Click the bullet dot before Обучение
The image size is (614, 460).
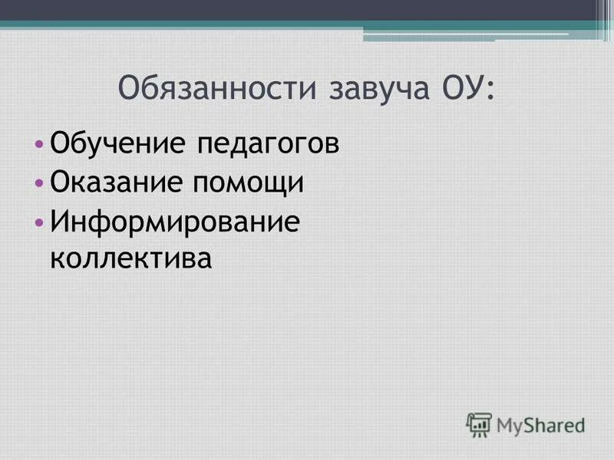(39, 144)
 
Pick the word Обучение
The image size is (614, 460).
(105, 144)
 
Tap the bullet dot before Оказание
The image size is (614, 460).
(39, 183)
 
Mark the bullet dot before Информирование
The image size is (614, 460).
(39, 222)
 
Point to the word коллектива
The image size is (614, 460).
(129, 258)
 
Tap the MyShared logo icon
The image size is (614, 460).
(479, 422)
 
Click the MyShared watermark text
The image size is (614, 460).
(540, 423)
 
